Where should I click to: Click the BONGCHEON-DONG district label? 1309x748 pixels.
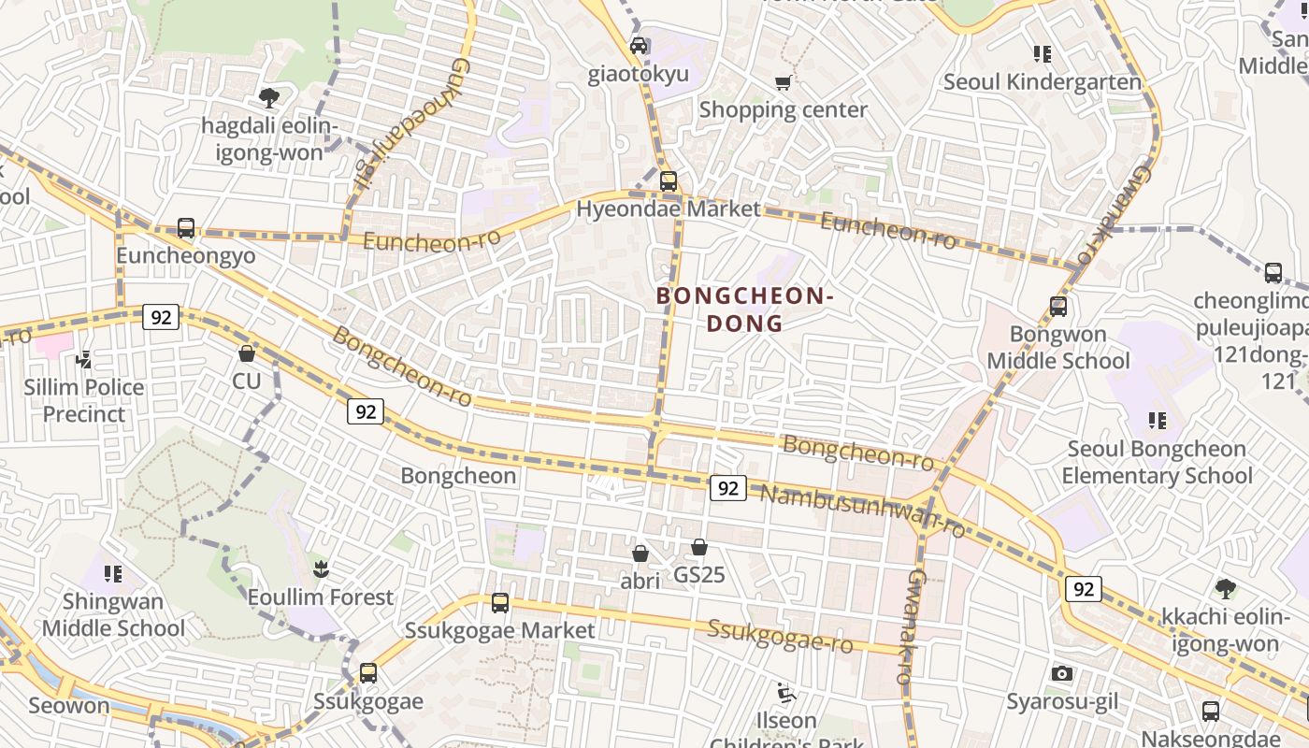pos(744,309)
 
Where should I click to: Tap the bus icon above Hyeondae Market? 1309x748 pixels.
pos(668,181)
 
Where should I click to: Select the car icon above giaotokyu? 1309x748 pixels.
pos(639,46)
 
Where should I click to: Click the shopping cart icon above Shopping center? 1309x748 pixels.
pos(784,82)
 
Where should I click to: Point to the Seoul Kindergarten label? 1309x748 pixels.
pos(1043,81)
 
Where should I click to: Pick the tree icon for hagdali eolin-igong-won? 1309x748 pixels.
pos(269,97)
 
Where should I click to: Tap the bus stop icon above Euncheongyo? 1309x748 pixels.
pos(186,228)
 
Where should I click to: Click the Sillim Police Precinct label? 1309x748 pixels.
pos(84,400)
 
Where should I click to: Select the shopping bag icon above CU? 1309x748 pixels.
pos(247,353)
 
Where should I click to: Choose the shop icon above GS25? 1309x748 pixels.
pos(699,547)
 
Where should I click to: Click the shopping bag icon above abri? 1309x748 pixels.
pos(640,554)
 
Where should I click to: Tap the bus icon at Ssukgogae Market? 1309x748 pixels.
pos(500,603)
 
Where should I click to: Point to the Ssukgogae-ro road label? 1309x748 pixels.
pos(781,637)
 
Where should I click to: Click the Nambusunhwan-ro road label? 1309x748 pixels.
pos(862,510)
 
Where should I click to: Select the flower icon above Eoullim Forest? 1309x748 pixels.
pos(321,568)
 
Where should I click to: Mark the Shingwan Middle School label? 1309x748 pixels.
pos(113,614)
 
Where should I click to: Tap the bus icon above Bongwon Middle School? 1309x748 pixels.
pos(1058,307)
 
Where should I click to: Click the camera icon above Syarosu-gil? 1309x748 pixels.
pos(1061,673)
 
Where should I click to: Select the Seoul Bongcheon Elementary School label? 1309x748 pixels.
pos(1157,462)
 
